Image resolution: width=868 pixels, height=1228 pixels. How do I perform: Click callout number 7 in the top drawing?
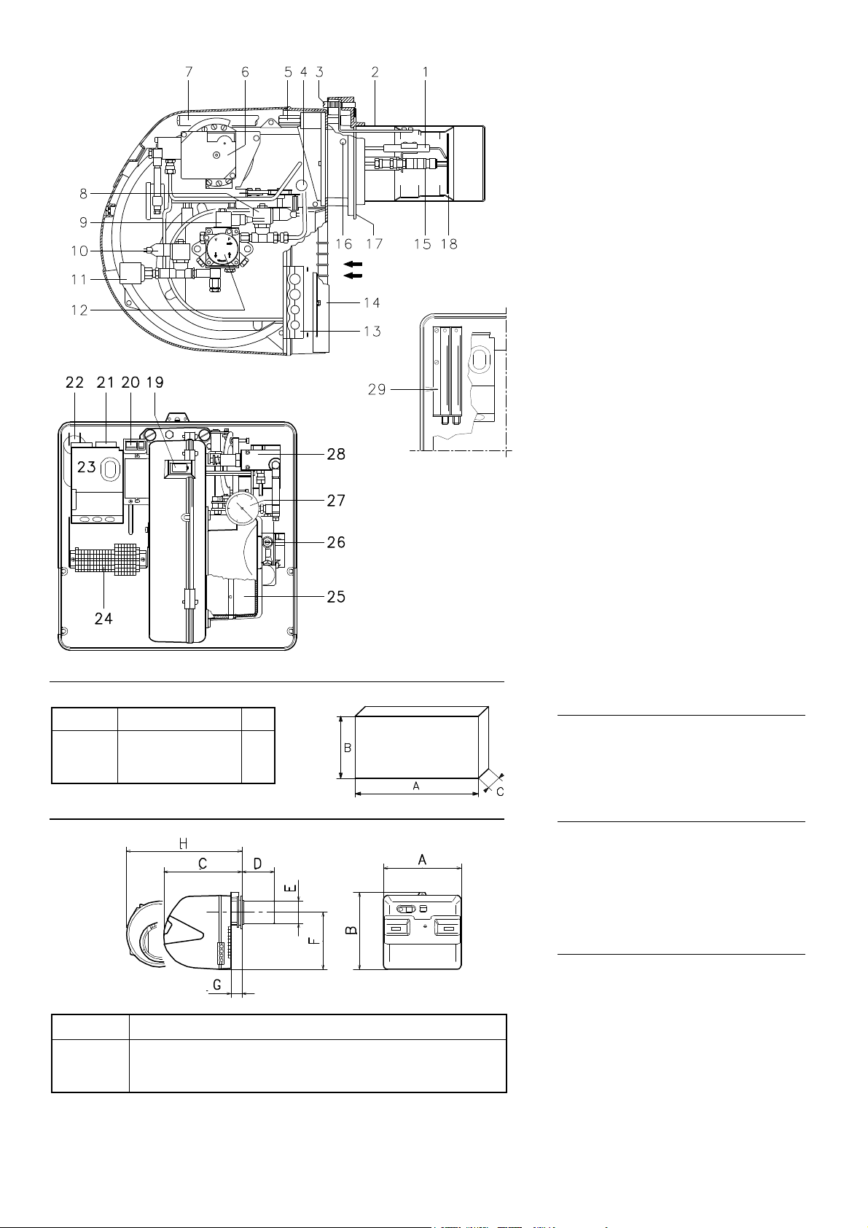(189, 72)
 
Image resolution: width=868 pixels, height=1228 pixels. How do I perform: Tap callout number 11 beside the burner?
(79, 279)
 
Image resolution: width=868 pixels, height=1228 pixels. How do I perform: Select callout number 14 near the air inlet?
(372, 302)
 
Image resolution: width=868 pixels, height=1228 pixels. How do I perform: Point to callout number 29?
(377, 390)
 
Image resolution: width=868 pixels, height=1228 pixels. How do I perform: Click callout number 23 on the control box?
(87, 466)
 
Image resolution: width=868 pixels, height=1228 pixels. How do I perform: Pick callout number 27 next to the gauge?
(336, 501)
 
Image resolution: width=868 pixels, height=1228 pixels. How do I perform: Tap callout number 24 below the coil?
(103, 618)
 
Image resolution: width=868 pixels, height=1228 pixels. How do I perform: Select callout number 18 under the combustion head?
(449, 243)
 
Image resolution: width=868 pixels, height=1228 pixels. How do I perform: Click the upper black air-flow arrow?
(353, 264)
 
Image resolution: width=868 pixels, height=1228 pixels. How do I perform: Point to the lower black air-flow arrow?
(353, 275)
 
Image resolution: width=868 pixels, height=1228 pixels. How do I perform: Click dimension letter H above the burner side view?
(184, 842)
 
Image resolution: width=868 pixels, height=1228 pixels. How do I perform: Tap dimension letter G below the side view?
(216, 985)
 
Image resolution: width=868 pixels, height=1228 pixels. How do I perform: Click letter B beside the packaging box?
(348, 748)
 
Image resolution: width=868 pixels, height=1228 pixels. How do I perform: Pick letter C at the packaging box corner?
(500, 792)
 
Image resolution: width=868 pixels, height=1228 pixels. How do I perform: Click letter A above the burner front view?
(422, 860)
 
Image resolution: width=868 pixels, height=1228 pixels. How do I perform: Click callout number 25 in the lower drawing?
(336, 597)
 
